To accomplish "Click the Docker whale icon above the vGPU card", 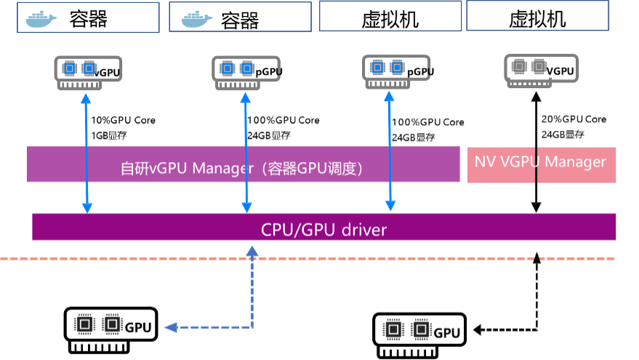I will [41, 18].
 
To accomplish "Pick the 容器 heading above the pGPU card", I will [239, 19].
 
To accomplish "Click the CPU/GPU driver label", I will [323, 231].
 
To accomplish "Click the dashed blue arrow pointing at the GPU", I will [252, 291].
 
